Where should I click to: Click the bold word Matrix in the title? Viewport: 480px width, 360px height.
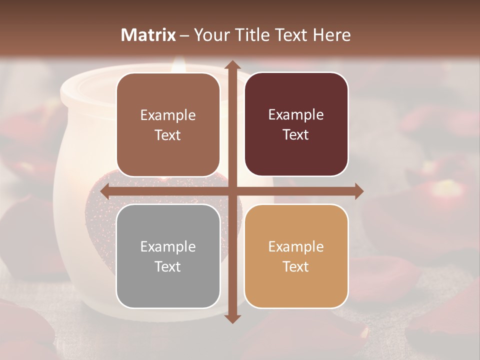point(148,35)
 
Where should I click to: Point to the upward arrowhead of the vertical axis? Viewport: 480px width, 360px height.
point(232,65)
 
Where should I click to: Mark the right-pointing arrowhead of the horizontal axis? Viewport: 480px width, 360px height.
point(358,191)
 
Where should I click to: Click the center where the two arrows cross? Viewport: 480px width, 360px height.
point(232,191)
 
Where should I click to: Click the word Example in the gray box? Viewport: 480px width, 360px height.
point(168,246)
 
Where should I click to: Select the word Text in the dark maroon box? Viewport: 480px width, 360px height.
point(296,135)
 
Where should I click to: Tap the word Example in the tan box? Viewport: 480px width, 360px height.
point(296,246)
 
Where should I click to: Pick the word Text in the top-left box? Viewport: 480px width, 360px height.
point(168,135)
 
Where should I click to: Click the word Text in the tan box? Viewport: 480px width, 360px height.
point(296,267)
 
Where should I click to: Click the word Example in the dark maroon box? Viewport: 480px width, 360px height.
point(296,114)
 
